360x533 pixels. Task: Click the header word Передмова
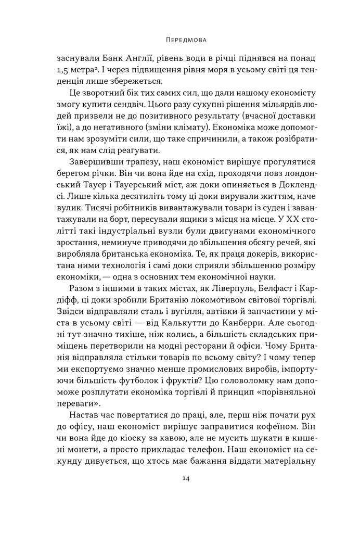179,39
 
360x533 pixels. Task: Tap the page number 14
179,493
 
